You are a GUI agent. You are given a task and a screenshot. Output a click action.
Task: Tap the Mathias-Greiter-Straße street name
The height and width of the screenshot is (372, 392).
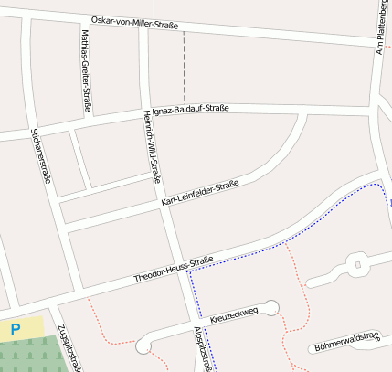85,70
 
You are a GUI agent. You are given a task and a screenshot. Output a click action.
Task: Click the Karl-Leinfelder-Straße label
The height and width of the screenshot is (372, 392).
200,194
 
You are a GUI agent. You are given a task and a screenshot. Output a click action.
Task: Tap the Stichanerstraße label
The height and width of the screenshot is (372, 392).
40,156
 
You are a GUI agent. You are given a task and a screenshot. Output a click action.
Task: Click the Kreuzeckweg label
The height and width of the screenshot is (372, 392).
235,314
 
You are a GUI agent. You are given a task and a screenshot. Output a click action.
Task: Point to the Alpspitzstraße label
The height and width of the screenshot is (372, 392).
205,349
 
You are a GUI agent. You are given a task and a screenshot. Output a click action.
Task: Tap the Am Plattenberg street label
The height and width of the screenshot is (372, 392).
382,27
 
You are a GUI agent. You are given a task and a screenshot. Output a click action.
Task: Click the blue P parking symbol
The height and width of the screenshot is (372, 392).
16,327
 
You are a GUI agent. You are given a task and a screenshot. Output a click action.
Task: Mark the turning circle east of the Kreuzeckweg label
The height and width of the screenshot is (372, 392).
271,306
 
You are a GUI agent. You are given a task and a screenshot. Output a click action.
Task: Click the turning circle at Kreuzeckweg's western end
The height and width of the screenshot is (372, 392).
143,347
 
